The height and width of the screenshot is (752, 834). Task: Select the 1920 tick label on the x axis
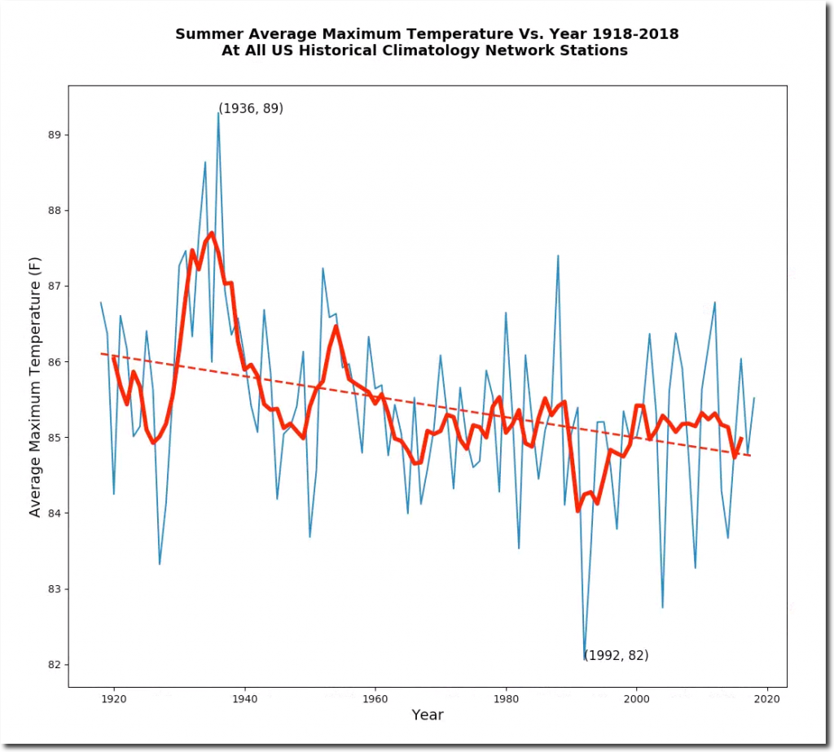click(x=114, y=697)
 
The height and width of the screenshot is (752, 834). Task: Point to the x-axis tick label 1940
click(x=244, y=697)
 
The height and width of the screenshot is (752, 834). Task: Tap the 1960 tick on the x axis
click(x=375, y=697)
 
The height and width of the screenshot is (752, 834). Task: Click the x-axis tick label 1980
click(x=506, y=697)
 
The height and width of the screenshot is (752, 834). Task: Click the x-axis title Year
click(x=428, y=715)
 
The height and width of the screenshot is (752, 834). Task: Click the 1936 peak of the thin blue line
click(x=218, y=113)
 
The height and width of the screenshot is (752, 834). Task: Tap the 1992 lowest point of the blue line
click(x=585, y=658)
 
